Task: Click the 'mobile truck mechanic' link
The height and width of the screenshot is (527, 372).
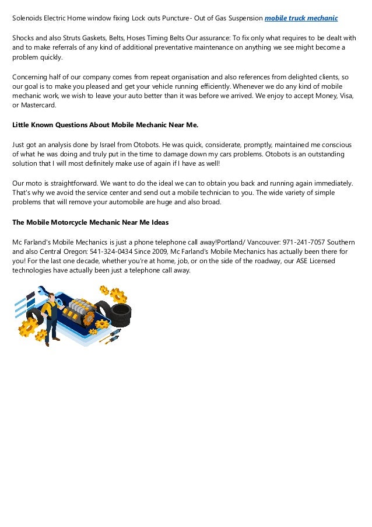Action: coord(301,18)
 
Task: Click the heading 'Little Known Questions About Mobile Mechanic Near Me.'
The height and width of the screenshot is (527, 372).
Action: coord(106,124)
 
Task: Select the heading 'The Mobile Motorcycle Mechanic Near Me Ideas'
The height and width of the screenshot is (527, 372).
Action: coord(90,222)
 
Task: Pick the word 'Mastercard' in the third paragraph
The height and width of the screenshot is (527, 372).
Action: coord(38,105)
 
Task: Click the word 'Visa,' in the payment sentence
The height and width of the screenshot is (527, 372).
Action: coord(345,95)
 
